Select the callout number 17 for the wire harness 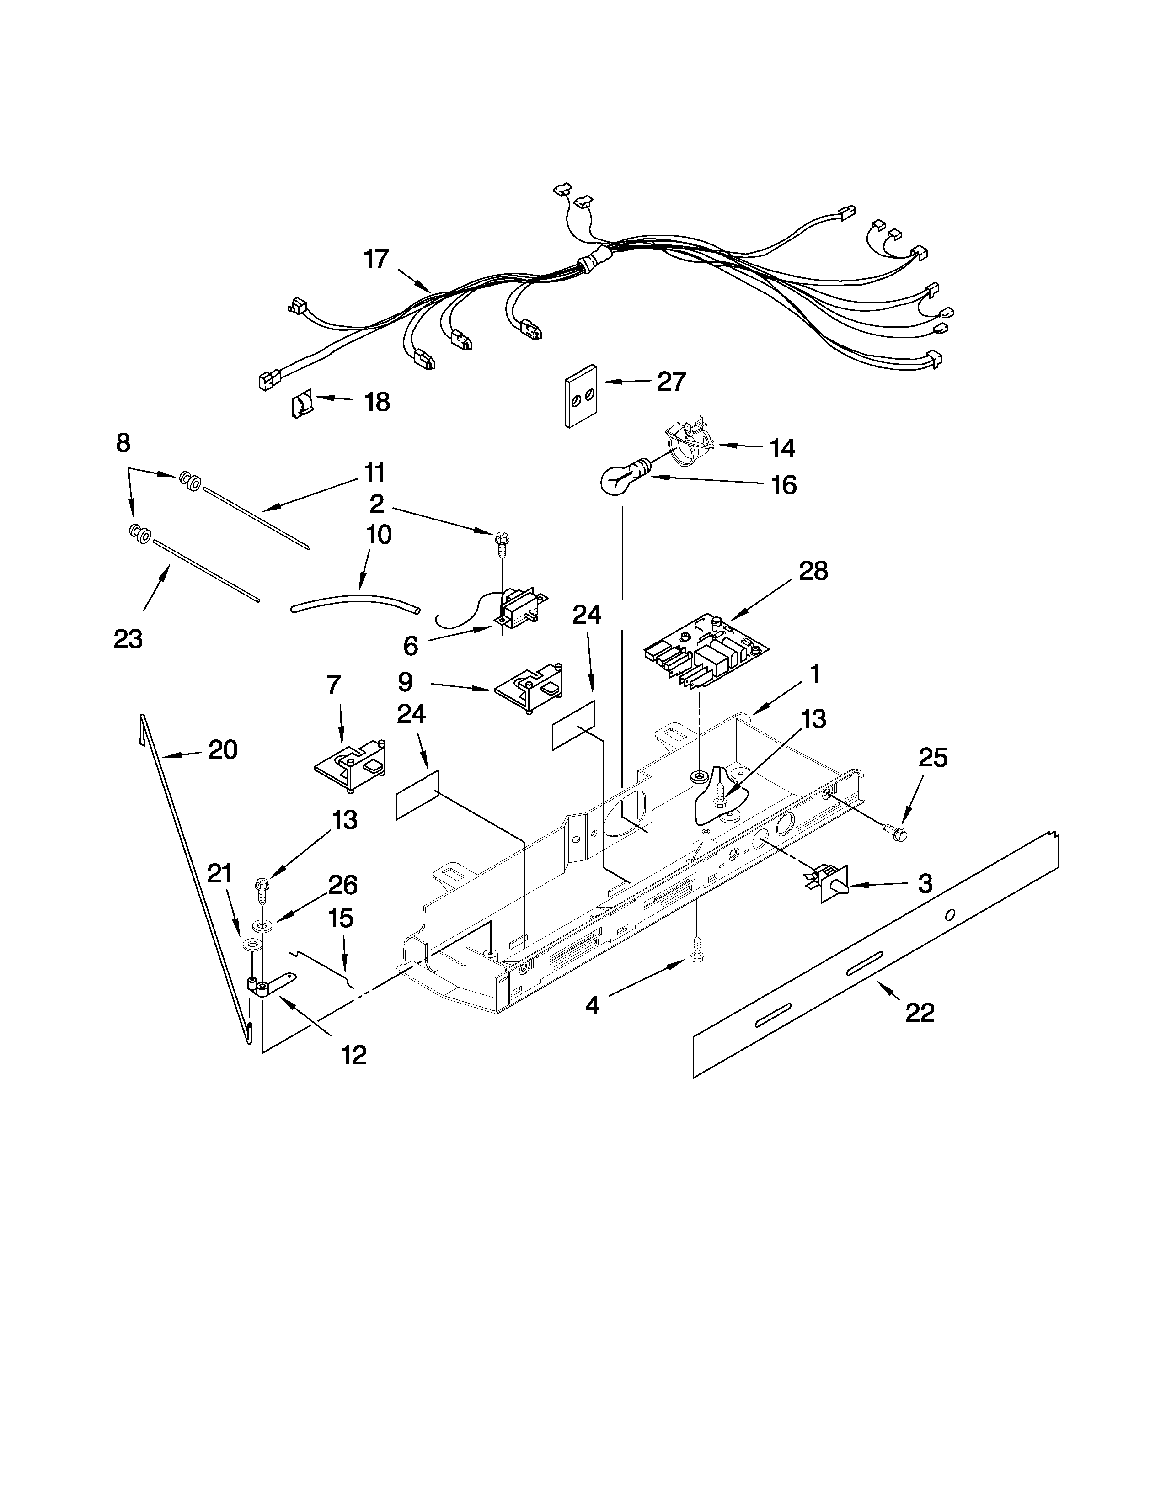376,259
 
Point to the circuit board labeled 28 705,648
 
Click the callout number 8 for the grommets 123,443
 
